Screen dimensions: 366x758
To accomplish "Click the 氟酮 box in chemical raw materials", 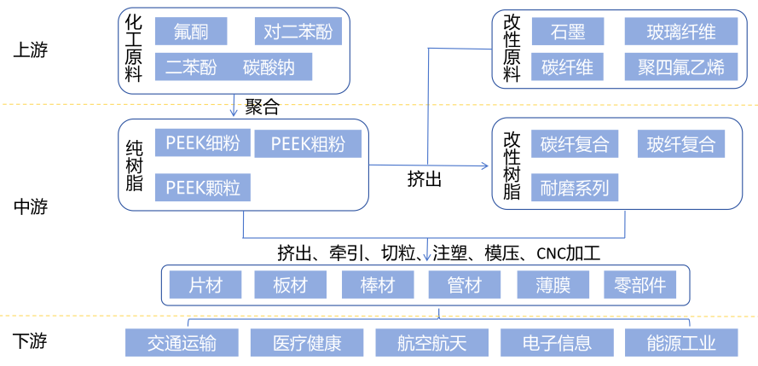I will click(191, 32).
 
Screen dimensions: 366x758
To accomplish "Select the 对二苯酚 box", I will click(298, 32).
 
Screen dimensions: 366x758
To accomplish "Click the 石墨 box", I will click(567, 32).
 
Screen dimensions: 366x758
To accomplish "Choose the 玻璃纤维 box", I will click(681, 32).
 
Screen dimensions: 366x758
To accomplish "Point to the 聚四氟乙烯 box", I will click(681, 67).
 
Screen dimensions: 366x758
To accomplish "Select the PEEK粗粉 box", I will click(308, 144).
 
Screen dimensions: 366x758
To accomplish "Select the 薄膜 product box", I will click(553, 285).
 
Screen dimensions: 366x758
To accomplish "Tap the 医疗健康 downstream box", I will click(307, 343).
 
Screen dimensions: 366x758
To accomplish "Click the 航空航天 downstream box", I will click(432, 343).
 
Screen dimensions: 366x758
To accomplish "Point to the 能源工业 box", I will click(680, 343).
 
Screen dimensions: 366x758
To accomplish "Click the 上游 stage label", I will click(31, 49).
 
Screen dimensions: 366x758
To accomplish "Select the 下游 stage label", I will click(31, 342).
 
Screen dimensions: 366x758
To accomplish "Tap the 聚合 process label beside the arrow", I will click(262, 107).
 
